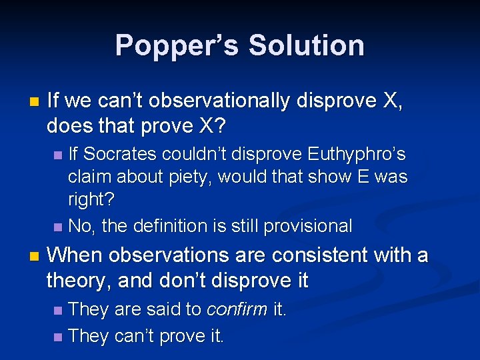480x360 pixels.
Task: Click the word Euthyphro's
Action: click(x=357, y=155)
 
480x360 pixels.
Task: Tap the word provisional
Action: click(x=308, y=226)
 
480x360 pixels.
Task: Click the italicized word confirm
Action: click(x=237, y=310)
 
